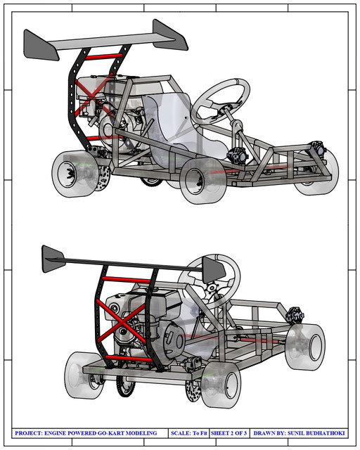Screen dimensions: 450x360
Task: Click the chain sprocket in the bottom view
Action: point(126,386)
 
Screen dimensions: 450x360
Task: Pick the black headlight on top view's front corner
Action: point(317,150)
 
